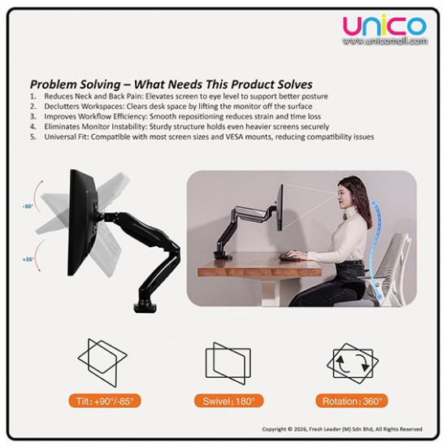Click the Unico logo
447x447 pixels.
click(x=384, y=26)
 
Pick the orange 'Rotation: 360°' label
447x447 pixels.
click(x=352, y=401)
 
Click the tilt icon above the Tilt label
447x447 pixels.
click(x=102, y=362)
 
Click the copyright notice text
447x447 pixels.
click(x=341, y=429)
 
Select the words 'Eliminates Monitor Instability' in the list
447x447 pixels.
click(x=102, y=128)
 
